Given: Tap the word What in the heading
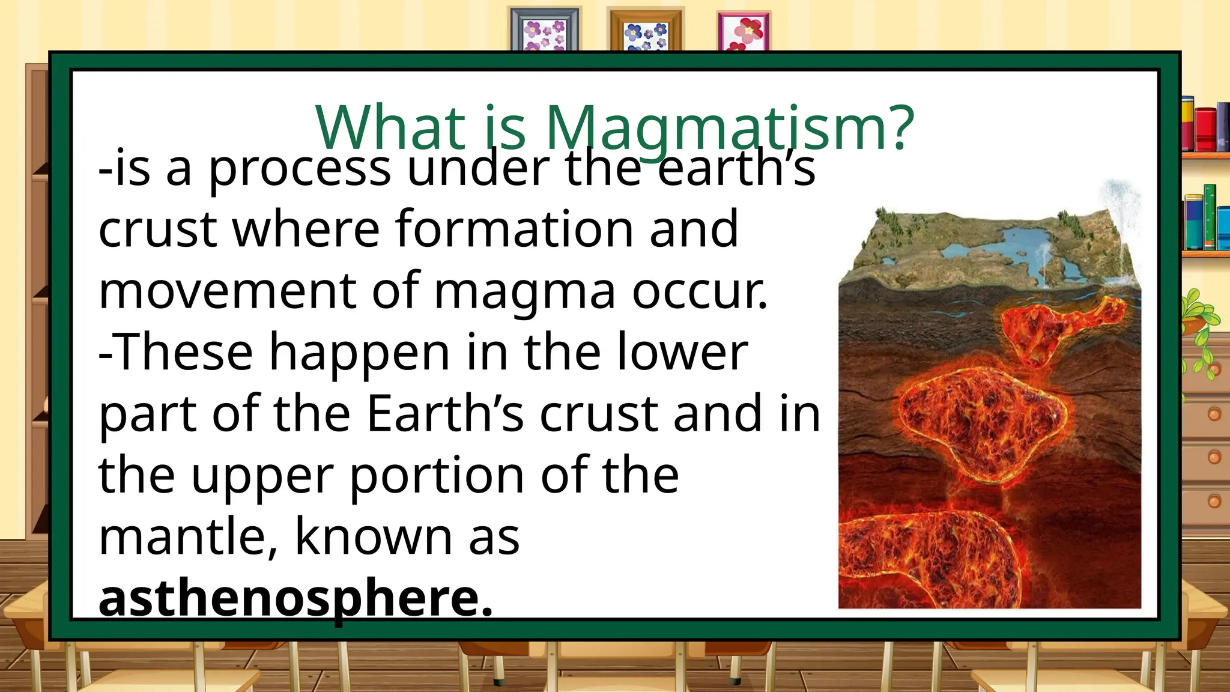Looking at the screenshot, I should click(391, 128).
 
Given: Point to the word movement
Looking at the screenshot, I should click(228, 291).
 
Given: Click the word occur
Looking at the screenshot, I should click(699, 292).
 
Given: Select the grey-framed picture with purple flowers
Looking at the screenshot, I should click(545, 30).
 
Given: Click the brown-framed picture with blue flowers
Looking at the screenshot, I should click(646, 30).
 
